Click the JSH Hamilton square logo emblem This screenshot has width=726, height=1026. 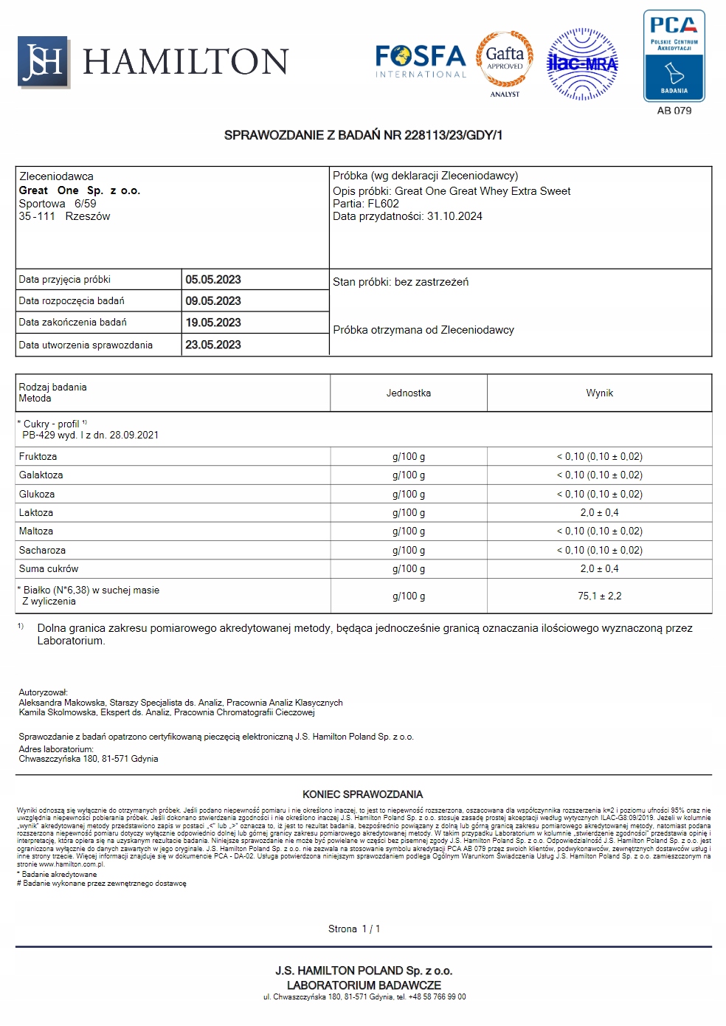[x=44, y=62]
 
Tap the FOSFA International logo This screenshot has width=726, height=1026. [x=421, y=61]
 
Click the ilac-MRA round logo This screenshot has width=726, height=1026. [x=582, y=64]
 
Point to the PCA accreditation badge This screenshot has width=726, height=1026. [x=674, y=56]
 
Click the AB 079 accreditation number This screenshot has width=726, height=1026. [x=674, y=111]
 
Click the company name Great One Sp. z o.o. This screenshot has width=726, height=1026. [x=80, y=190]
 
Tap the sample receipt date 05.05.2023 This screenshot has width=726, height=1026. [x=213, y=280]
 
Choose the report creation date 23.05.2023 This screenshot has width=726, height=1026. [x=213, y=345]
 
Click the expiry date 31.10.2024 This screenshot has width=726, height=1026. [x=454, y=216]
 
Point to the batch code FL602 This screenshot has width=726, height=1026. [x=383, y=204]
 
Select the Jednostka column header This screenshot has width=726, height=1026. [x=408, y=393]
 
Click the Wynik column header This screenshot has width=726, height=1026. [x=599, y=393]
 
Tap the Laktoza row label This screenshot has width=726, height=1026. [x=36, y=513]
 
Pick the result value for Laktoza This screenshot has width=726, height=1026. [x=599, y=513]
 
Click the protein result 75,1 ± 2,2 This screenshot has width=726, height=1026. [x=599, y=596]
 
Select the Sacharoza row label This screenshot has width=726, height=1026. [x=42, y=551]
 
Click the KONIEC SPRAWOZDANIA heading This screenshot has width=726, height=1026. [x=362, y=795]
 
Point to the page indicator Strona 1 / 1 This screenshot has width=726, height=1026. [x=354, y=929]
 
